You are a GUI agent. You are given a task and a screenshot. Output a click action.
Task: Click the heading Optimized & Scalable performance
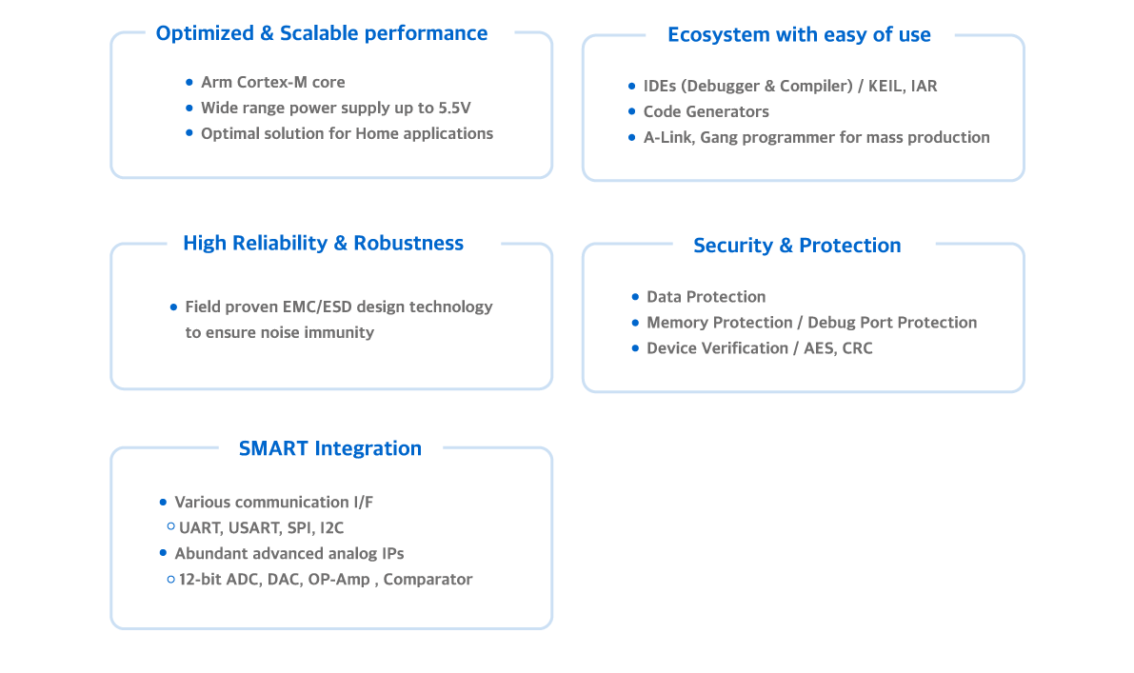point(321,33)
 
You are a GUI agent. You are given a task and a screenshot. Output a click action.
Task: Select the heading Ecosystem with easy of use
point(799,35)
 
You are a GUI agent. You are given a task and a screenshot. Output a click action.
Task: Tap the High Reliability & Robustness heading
point(323,244)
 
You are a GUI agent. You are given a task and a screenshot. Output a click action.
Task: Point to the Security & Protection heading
point(797,246)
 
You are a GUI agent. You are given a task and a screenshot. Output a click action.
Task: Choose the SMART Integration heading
point(329,448)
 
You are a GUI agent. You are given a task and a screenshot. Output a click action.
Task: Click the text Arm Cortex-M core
point(272,83)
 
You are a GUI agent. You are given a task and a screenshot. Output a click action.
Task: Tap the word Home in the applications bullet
point(377,134)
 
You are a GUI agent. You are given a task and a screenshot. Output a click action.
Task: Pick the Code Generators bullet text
point(706,112)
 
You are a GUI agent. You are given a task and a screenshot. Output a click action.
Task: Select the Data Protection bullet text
point(706,297)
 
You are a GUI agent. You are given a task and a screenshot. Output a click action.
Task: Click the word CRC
point(857,348)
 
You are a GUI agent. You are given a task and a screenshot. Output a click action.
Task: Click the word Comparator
point(428,580)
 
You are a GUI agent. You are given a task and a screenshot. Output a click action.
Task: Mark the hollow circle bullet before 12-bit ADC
point(170,579)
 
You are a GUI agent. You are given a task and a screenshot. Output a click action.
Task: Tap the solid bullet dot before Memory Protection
point(635,323)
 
